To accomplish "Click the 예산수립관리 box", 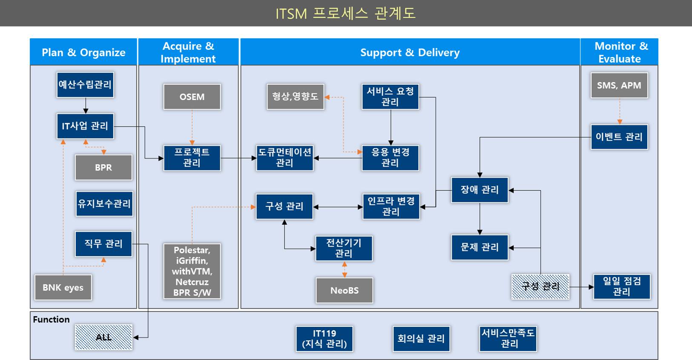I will click(85, 85).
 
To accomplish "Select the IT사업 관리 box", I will click(85, 126).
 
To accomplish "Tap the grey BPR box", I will click(103, 167).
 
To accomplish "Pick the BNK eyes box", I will click(63, 288).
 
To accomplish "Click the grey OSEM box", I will click(192, 97).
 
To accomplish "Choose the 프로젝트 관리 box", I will click(192, 158).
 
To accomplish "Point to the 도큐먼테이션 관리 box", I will click(285, 158).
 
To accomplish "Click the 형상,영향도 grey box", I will click(296, 97).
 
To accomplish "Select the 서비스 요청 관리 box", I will click(390, 97).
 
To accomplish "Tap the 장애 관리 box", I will click(480, 190).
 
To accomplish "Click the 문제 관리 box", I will click(480, 247).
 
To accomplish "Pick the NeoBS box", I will click(345, 291).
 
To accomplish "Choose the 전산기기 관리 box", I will click(344, 248).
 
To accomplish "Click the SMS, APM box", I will click(619, 86).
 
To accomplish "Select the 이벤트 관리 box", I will click(619, 137).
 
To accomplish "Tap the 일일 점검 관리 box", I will click(622, 286).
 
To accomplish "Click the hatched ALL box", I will click(103, 337).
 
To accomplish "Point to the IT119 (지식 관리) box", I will click(324, 339).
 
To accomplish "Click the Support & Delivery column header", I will click(410, 52).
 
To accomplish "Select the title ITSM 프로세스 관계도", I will click(345, 13).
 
